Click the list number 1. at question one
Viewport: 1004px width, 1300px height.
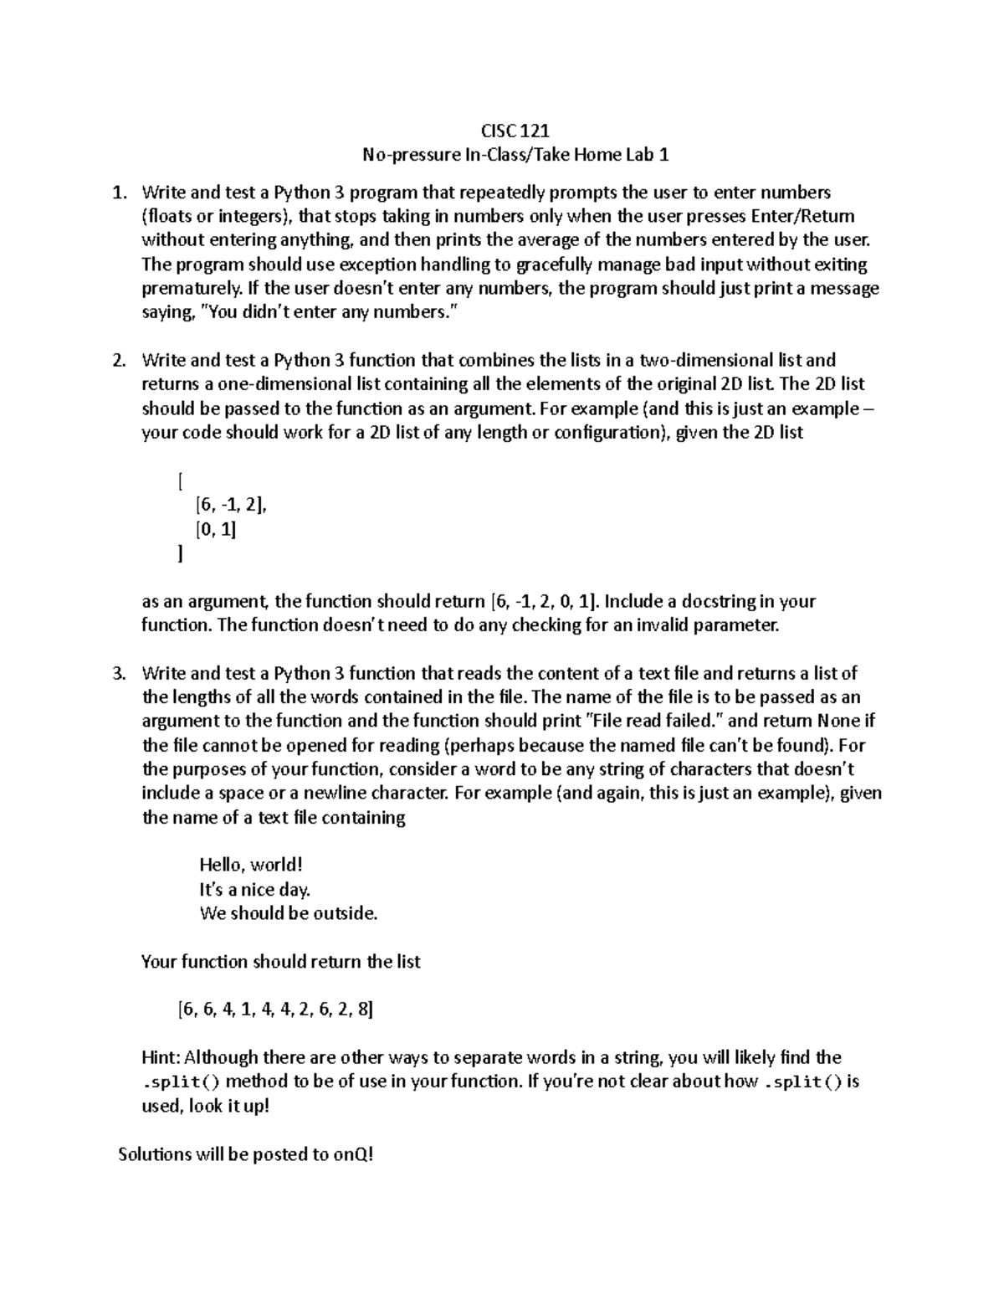[120, 193]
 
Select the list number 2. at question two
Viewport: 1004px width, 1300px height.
[120, 360]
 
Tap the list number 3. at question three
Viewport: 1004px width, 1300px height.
[120, 673]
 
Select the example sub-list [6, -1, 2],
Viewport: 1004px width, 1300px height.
[231, 505]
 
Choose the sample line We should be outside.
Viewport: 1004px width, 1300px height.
[289, 913]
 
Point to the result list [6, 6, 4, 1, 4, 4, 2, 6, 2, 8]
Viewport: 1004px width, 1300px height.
[275, 1010]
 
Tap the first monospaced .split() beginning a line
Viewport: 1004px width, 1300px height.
[182, 1082]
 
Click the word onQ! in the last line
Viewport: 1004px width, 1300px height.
[354, 1154]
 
